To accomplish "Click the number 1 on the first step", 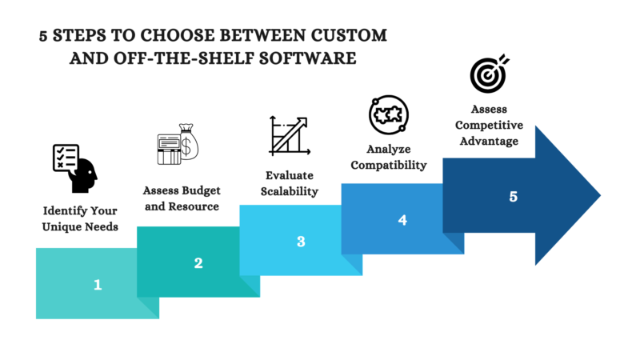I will point(98,283).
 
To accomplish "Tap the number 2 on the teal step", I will point(198,262).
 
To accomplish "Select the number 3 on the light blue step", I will point(301,240).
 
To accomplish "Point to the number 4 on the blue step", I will point(402,218).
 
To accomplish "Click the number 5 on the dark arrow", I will point(514,196).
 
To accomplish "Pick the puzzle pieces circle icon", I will point(388,115).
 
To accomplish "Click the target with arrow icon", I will point(489,74).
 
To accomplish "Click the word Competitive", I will point(489,126).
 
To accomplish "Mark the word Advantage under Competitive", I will point(489,142).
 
